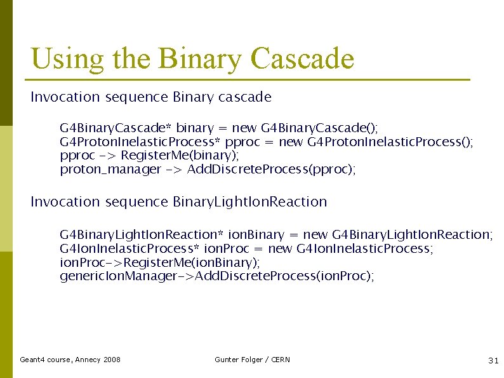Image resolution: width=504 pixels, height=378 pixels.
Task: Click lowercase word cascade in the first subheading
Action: (244, 97)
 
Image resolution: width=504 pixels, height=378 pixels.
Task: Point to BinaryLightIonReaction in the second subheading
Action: (249, 202)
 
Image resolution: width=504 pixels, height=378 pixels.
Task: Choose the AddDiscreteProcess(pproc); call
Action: (272, 169)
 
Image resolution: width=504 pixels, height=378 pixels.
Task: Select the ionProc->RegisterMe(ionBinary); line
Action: (160, 262)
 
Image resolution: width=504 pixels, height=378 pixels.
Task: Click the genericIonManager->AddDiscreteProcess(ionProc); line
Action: (216, 276)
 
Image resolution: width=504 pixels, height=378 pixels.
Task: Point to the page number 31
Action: (493, 360)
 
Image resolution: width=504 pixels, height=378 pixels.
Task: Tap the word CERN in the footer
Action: (280, 360)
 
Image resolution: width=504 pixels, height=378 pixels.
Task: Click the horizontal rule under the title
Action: (247, 80)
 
